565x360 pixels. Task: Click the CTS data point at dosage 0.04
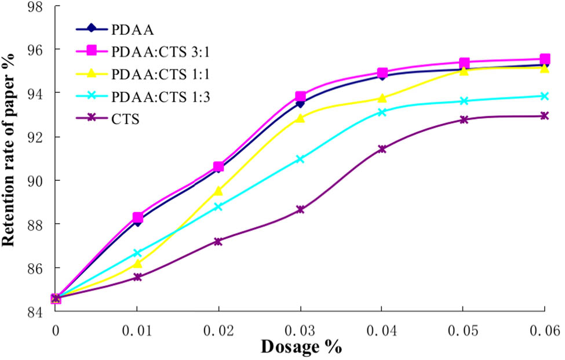click(x=382, y=149)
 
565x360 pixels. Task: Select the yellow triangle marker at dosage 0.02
click(x=218, y=191)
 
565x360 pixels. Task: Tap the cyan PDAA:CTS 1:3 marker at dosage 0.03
click(x=300, y=159)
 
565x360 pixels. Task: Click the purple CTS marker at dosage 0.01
click(x=137, y=277)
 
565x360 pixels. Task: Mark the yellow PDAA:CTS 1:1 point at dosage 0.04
click(x=382, y=98)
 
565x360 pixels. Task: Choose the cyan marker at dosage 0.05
click(x=464, y=101)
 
